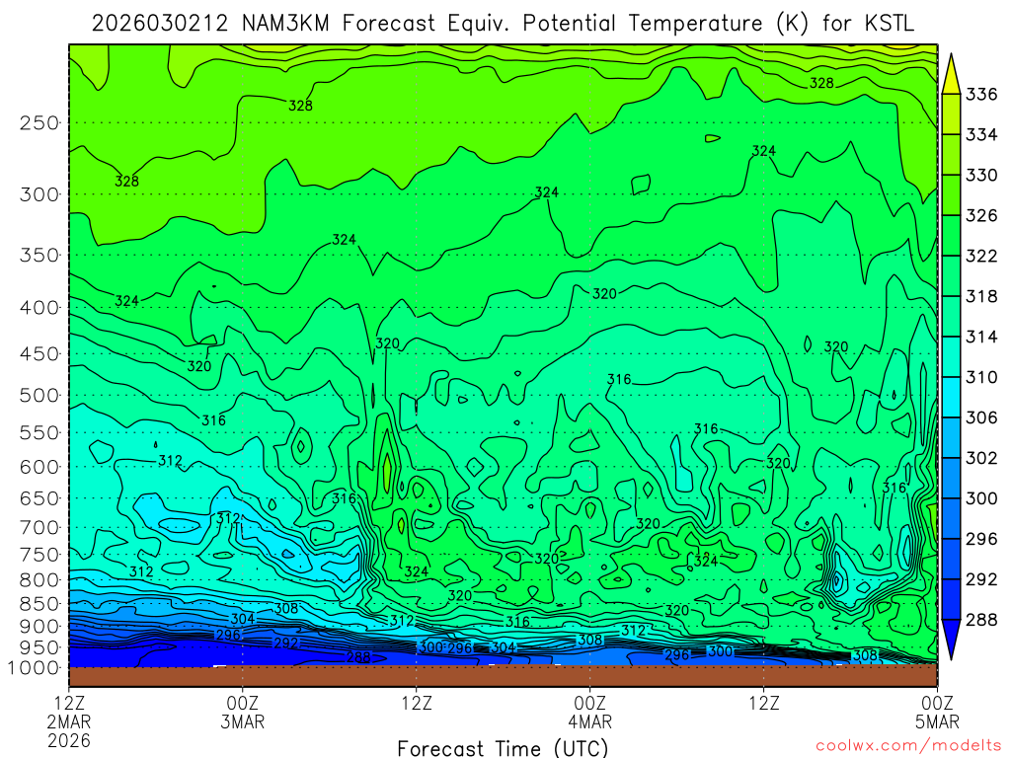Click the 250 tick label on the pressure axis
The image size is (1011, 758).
[x=39, y=123]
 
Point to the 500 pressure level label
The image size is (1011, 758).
[x=39, y=396]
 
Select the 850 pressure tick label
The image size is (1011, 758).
[x=39, y=603]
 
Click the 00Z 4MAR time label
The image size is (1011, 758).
[x=589, y=713]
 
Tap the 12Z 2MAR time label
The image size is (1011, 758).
[x=69, y=713]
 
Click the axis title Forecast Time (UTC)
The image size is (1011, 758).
[x=503, y=747]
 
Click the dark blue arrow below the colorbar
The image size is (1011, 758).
[x=954, y=640]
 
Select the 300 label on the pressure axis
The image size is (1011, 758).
[x=39, y=194]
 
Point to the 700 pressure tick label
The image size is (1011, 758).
[x=39, y=526]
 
